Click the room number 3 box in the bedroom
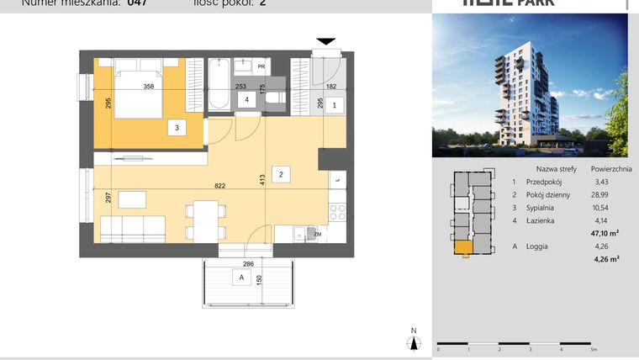pos(177,128)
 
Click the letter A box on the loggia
pos(241,278)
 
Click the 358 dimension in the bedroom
pos(149,86)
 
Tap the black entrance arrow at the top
pos(325,41)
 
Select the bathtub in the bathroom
pos(219,86)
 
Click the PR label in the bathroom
pos(261,66)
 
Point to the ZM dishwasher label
pos(317,233)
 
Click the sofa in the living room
pos(132,228)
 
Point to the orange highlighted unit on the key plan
pos(462,247)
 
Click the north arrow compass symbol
pos(413,340)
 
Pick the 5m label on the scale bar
pos(594,348)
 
